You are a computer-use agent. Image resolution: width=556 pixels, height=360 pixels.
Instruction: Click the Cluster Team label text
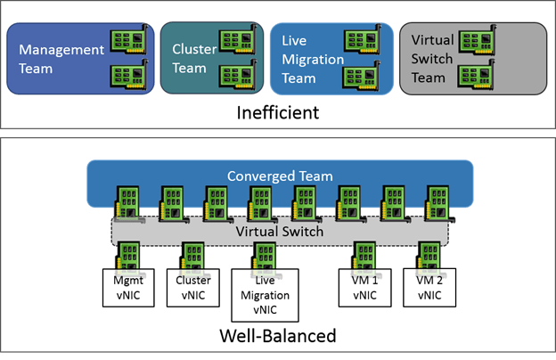point(189,59)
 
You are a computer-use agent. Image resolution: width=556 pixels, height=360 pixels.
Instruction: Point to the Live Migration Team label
point(307,59)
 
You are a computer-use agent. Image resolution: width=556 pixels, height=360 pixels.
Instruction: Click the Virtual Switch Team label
point(427,59)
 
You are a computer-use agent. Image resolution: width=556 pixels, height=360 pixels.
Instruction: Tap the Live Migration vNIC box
point(265,293)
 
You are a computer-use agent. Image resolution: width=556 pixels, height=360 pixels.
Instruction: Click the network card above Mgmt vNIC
point(129,255)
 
